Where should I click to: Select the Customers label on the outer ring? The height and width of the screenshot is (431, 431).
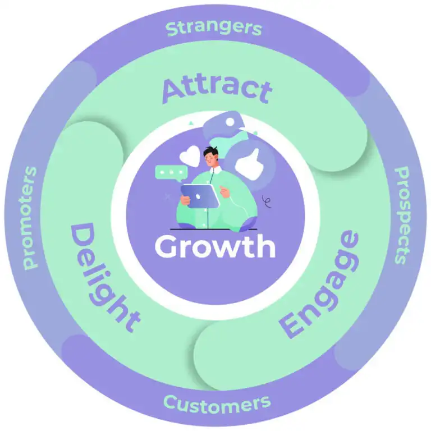click(x=217, y=402)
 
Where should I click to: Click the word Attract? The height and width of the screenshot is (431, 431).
click(x=217, y=90)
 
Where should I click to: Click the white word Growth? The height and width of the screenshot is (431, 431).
click(x=215, y=246)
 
